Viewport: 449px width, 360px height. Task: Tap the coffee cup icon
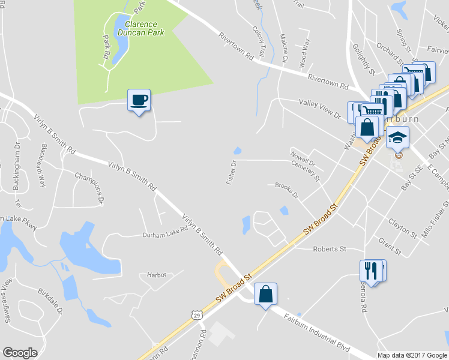tap(139, 100)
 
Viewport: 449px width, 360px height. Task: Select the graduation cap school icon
tap(397, 138)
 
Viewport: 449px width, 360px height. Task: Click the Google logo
tap(20, 353)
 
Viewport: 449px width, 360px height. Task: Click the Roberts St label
tap(330, 248)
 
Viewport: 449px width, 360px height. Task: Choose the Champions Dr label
tap(90, 186)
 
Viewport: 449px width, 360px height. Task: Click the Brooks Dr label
tap(287, 190)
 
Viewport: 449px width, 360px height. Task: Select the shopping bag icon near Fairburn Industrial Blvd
tap(265, 295)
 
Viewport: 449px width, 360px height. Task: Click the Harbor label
tap(156, 275)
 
